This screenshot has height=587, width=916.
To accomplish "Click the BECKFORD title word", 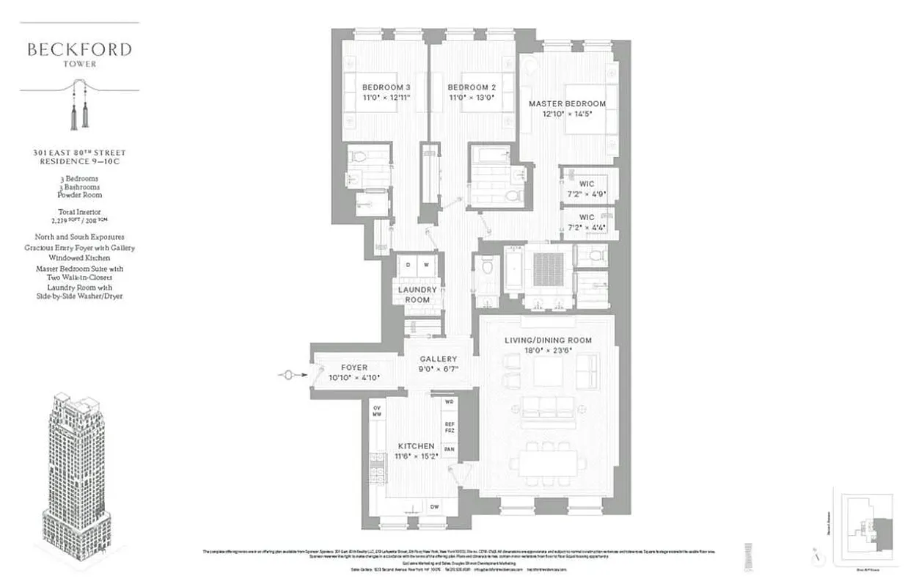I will tap(79, 50).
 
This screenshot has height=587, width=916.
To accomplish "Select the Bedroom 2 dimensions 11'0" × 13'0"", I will tap(472, 97).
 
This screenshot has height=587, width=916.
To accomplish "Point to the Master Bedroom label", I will tap(567, 103).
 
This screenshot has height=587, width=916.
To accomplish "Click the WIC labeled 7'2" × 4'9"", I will tap(586, 188).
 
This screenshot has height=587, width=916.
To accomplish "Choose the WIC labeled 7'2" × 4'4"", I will tap(586, 223).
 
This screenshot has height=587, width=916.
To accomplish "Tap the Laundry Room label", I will tap(418, 295).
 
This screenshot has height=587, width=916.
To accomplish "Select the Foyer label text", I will tap(354, 368).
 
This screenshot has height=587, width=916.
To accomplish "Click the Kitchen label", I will tap(416, 446).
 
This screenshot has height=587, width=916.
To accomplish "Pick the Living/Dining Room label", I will tap(548, 340).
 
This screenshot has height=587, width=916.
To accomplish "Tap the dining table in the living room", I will tap(549, 464).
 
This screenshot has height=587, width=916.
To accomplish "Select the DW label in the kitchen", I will tap(434, 506).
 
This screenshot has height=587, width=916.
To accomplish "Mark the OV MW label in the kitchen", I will tap(377, 411).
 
